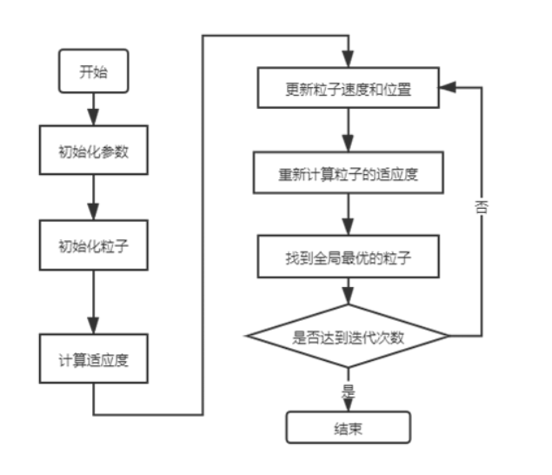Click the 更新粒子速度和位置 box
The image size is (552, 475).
coord(348,87)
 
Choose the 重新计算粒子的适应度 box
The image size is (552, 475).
coord(348,172)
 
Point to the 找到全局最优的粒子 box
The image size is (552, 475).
coord(348,258)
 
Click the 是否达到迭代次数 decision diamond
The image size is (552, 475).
coord(348,336)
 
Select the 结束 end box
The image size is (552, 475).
coord(348,427)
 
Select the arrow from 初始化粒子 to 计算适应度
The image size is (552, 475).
coord(91,301)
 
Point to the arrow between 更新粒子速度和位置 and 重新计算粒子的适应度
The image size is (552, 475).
coord(348,130)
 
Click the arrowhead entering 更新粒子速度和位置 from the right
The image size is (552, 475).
coord(444,87)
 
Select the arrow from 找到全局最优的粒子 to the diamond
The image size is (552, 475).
coord(348,291)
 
